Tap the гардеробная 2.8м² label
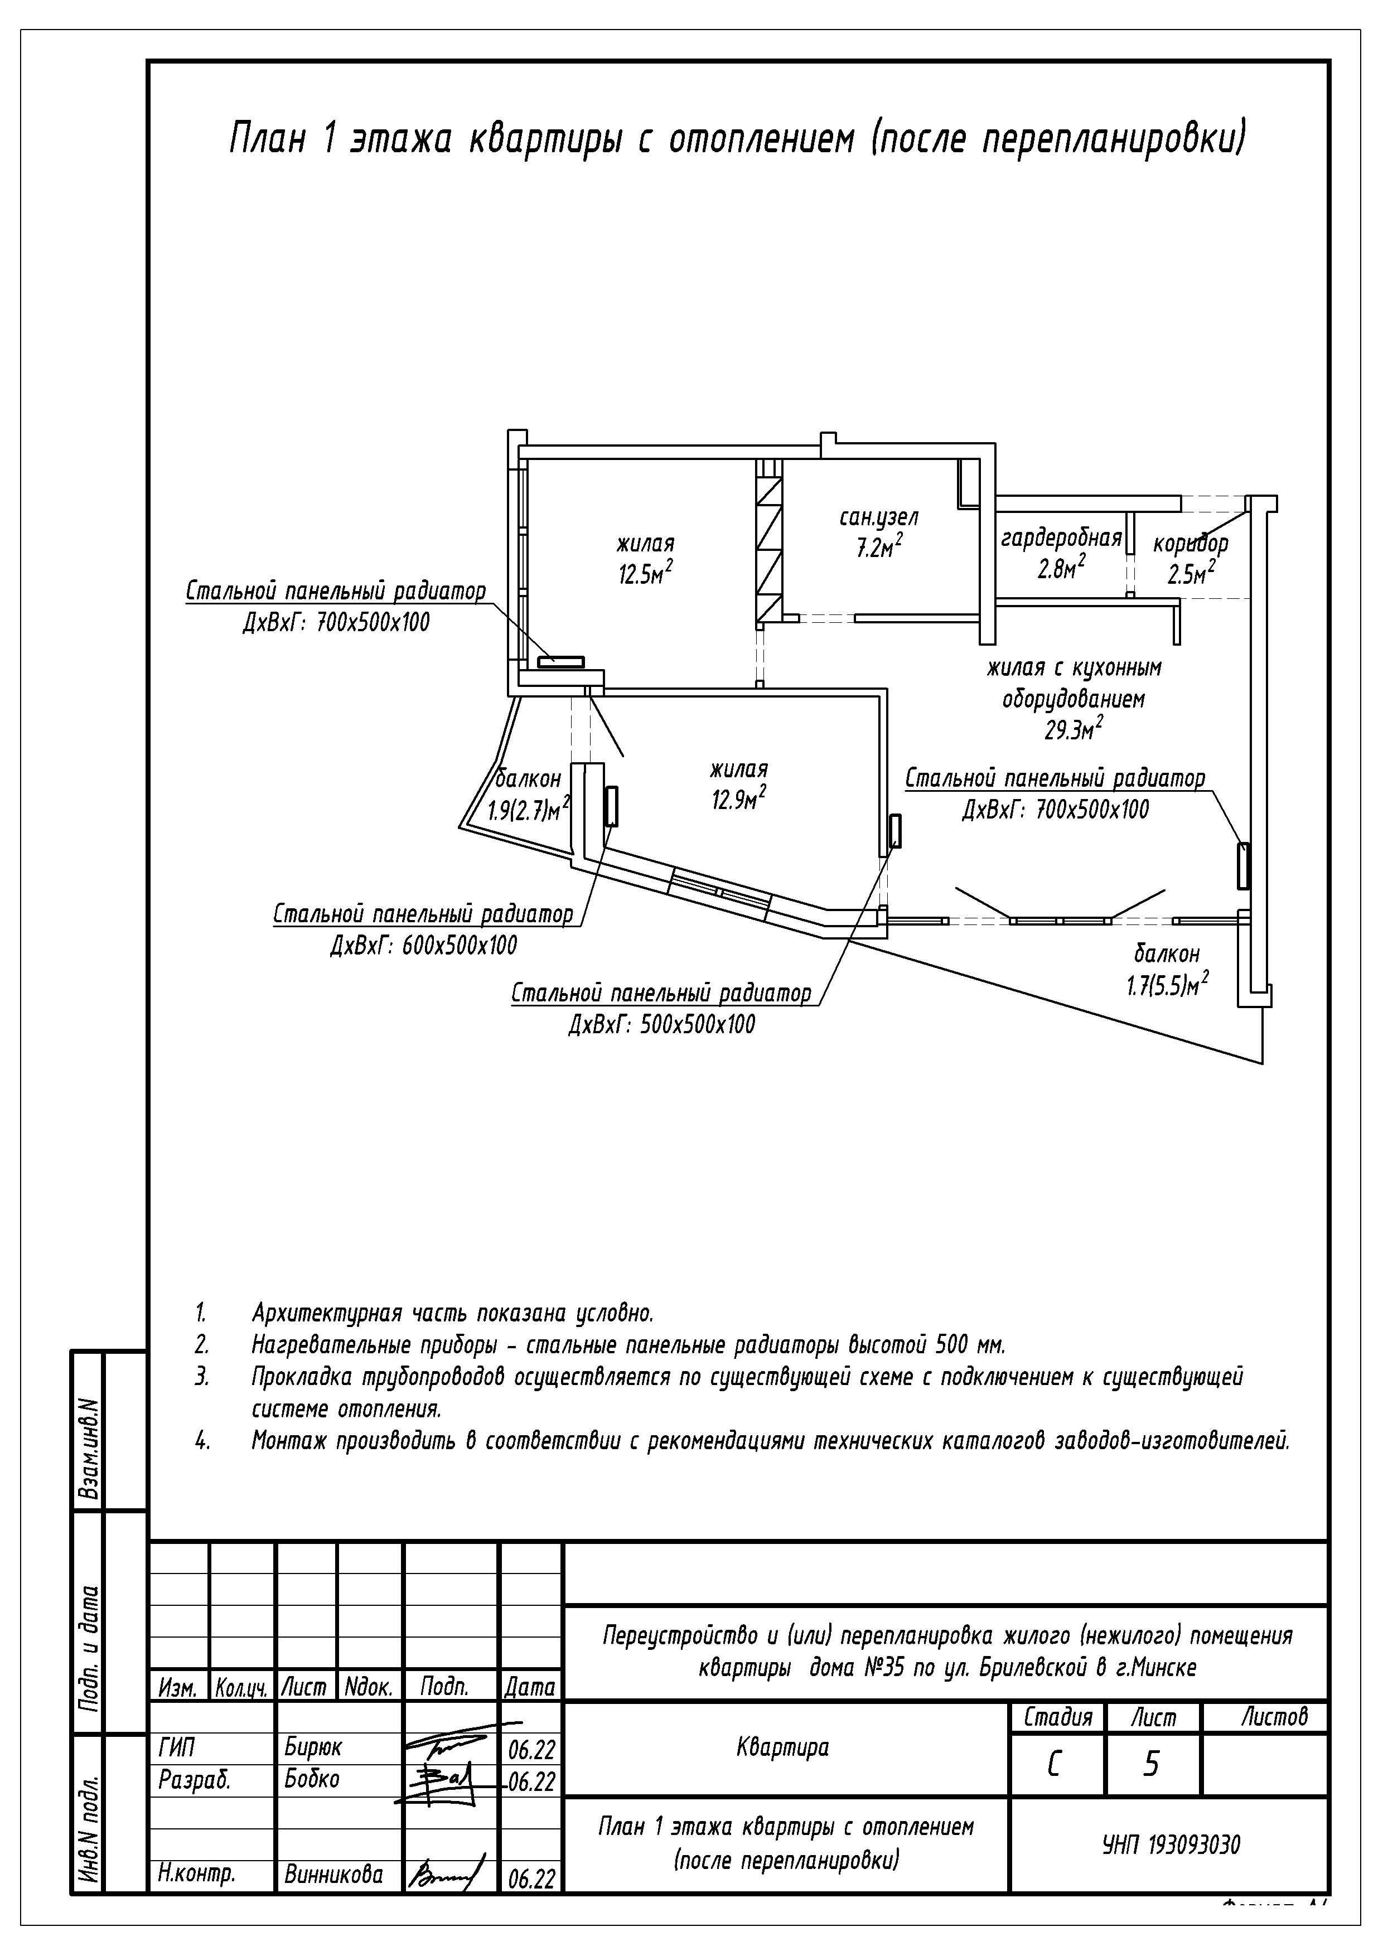[x=1060, y=554]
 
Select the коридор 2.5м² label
[x=1191, y=559]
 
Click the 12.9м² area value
[x=738, y=800]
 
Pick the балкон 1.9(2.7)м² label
[x=528, y=795]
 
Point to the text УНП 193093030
[x=1172, y=1845]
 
